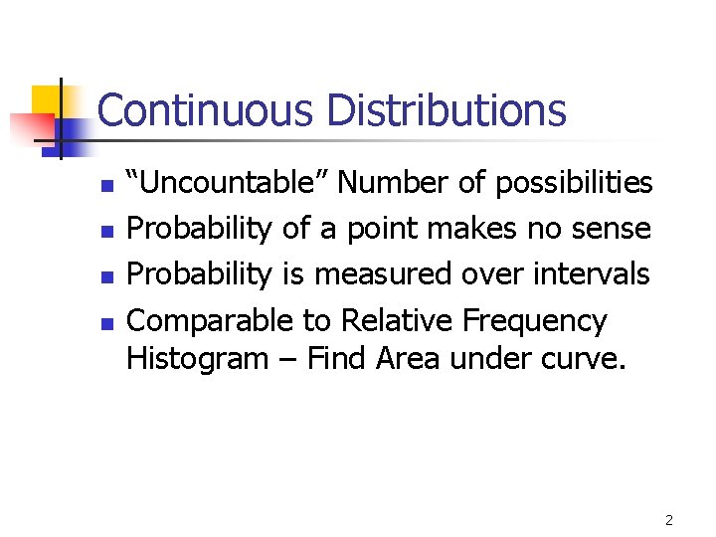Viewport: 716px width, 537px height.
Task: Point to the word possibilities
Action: click(x=574, y=183)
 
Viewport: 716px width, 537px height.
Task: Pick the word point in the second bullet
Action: click(x=385, y=230)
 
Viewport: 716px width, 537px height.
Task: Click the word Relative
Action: click(x=397, y=320)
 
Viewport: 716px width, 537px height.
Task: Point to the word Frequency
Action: click(x=534, y=321)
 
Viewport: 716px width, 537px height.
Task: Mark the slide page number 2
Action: click(x=669, y=520)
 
